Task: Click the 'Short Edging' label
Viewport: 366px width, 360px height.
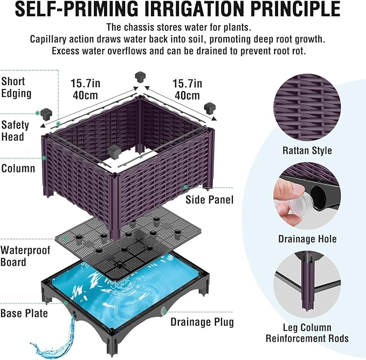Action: tap(16, 87)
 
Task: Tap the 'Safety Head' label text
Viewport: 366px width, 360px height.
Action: tap(15, 131)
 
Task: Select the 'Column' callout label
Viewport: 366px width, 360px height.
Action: tap(18, 168)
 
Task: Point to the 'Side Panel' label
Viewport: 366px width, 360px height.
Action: tap(209, 200)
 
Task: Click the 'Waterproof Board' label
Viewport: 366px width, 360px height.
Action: tap(25, 256)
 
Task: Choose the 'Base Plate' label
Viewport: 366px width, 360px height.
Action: tap(24, 313)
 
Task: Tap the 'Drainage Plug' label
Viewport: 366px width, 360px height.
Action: tap(202, 322)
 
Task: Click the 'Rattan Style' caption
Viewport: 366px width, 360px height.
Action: tap(307, 150)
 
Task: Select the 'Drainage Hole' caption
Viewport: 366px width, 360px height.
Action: tap(307, 239)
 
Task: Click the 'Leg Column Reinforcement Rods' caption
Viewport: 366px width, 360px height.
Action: tap(307, 333)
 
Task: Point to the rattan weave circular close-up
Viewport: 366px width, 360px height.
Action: tap(307, 108)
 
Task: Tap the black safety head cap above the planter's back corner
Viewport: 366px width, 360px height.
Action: tap(140, 77)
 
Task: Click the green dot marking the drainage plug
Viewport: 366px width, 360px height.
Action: tap(163, 311)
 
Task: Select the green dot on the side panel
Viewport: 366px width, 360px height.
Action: tap(185, 187)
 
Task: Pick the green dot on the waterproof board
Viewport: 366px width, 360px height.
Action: tap(66, 239)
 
